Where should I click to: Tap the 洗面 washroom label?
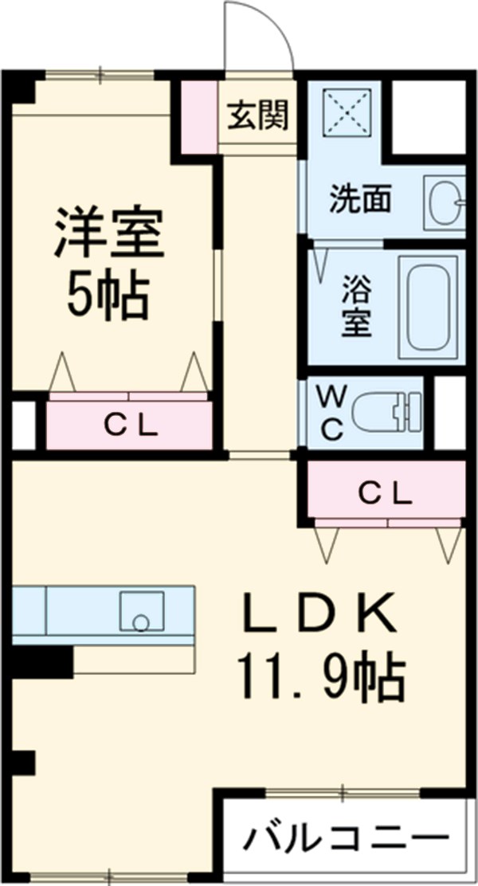[x=361, y=198]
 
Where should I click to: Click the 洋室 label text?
[x=108, y=233]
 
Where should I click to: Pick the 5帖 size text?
[x=108, y=297]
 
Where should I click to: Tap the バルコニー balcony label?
[x=345, y=837]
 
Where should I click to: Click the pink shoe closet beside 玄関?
[x=198, y=116]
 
